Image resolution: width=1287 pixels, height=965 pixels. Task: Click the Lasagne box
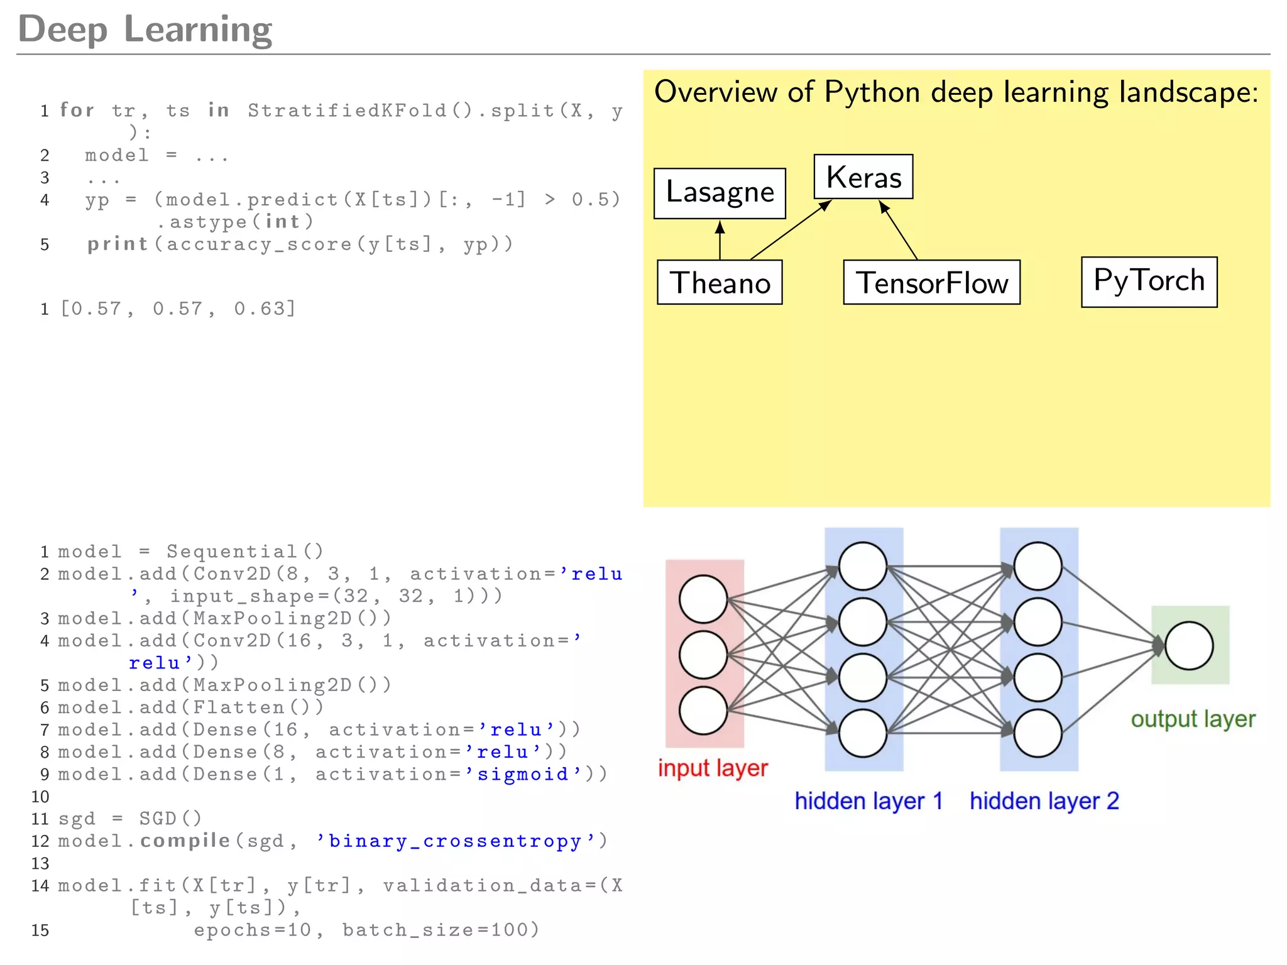click(x=720, y=193)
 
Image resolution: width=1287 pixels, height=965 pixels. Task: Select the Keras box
click(x=863, y=177)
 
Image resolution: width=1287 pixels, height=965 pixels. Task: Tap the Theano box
click(x=720, y=283)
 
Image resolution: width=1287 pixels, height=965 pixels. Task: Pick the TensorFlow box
click(x=931, y=283)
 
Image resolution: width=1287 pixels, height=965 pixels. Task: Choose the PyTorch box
click(x=1149, y=281)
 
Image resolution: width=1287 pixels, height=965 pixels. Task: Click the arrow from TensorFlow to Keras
click(x=899, y=230)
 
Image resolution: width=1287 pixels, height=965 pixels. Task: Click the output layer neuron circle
click(x=1188, y=646)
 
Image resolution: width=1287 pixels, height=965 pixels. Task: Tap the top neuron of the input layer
click(x=703, y=599)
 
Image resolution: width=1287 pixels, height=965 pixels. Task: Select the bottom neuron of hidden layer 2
click(x=1038, y=733)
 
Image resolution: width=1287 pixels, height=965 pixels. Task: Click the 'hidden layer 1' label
click(x=868, y=801)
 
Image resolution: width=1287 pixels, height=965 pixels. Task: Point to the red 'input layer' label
click(x=713, y=768)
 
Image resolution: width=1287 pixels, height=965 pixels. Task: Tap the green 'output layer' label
click(x=1193, y=719)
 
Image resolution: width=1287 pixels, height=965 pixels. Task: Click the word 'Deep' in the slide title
click(x=63, y=29)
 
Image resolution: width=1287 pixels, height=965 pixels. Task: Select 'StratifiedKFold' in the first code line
click(x=347, y=111)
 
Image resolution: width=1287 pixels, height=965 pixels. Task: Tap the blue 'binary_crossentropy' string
click(x=455, y=841)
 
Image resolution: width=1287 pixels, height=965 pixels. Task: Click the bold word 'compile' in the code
click(x=185, y=841)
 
